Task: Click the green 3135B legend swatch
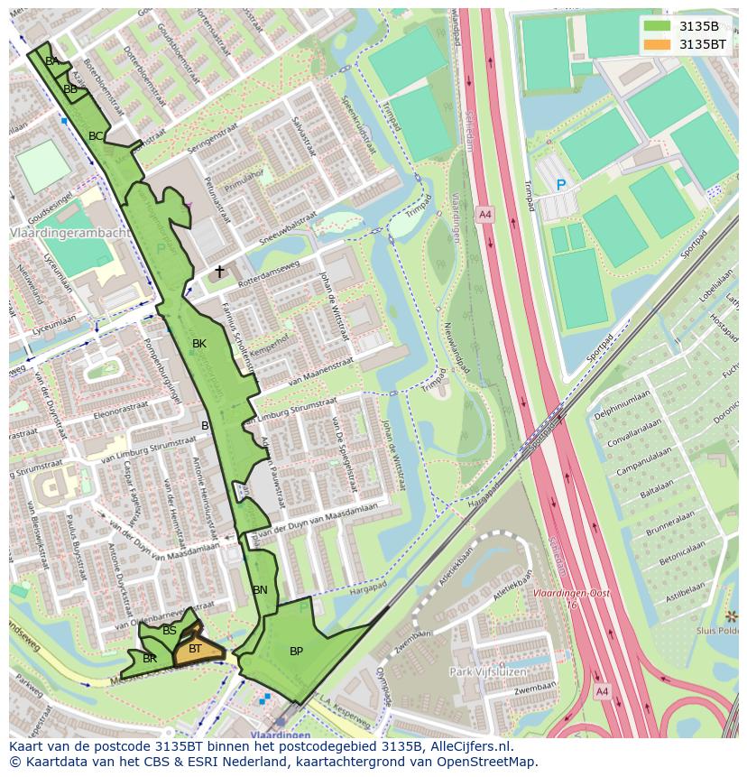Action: [x=659, y=26]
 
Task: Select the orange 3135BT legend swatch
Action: [x=659, y=44]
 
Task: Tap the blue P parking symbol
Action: [x=560, y=185]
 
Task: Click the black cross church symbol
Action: [x=219, y=271]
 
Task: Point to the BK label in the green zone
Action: [x=199, y=344]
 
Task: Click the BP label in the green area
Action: [x=296, y=652]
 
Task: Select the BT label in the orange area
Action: [x=195, y=648]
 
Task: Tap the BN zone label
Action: [x=260, y=590]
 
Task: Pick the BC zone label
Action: [x=96, y=136]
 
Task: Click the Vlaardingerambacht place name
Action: [x=69, y=233]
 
